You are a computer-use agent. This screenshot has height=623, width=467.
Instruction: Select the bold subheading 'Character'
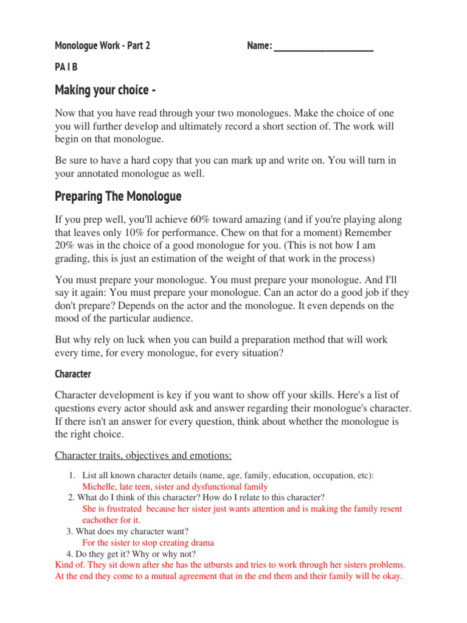tap(73, 374)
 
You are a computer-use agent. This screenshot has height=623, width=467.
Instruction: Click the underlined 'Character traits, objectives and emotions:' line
tap(144, 456)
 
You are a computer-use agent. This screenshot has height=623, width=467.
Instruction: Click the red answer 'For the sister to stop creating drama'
tap(148, 542)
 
